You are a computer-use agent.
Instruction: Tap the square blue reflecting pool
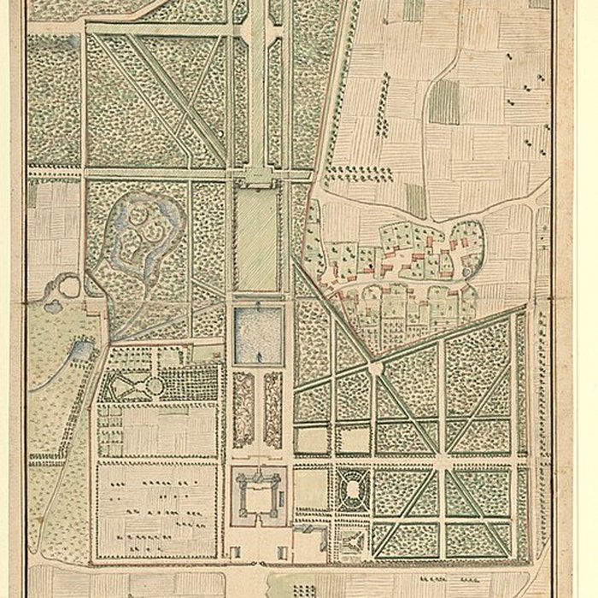257,335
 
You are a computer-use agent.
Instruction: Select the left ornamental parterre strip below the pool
243,410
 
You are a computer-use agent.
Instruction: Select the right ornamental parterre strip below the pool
273,410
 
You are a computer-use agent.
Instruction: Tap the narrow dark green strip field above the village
416,200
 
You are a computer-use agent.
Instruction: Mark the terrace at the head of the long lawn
257,178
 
